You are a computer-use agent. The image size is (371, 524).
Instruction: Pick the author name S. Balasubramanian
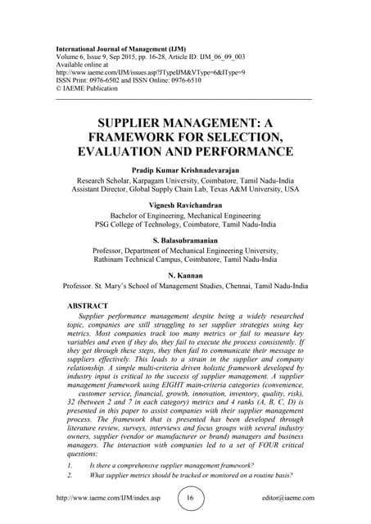point(185,242)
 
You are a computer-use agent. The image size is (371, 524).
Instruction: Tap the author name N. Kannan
point(185,274)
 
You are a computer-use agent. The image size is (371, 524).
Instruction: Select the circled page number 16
point(188,497)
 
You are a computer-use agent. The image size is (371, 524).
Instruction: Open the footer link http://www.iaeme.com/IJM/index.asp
point(105,498)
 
